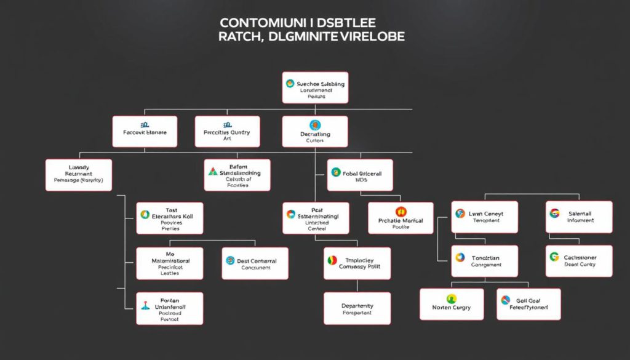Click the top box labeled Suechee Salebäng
tap(315, 87)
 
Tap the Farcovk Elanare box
tap(145, 132)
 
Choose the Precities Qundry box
tap(227, 132)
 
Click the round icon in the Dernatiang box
tap(315, 125)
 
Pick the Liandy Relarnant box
tap(79, 175)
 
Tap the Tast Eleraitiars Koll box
tap(170, 218)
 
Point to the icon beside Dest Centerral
tap(230, 261)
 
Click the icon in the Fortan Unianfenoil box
tap(146, 305)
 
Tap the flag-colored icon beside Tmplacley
tap(332, 260)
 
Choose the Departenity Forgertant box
tap(357, 308)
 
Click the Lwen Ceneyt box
tap(484, 217)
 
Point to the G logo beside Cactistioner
tap(554, 257)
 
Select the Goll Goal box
tap(528, 303)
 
